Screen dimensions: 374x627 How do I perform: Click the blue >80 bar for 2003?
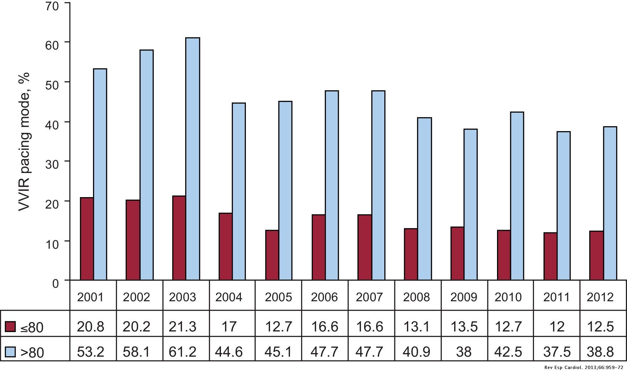[x=193, y=158]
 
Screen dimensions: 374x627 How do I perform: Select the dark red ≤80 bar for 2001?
[x=87, y=239]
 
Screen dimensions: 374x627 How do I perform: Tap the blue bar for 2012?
[x=610, y=203]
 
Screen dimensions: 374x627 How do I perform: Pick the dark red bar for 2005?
[x=272, y=255]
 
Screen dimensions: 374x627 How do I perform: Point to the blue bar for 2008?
[x=425, y=199]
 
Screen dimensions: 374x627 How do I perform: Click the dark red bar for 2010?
[x=504, y=255]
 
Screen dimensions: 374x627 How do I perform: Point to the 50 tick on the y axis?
[x=54, y=82]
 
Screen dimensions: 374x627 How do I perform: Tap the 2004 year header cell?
[x=229, y=297]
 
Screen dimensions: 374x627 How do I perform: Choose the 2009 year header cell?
[x=464, y=297]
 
